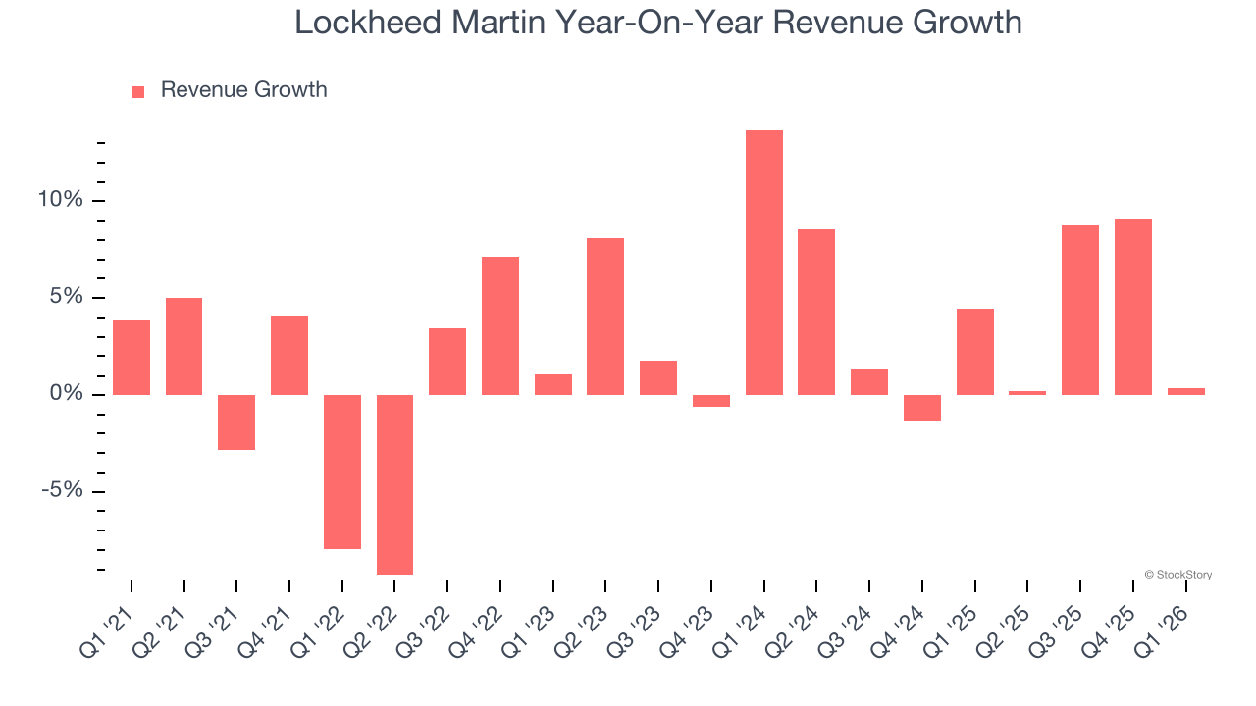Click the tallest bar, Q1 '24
(x=763, y=263)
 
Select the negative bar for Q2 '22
(x=394, y=484)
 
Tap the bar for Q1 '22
(x=342, y=472)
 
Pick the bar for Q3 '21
(x=236, y=423)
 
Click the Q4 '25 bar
(x=1132, y=307)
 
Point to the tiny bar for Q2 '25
(x=1027, y=392)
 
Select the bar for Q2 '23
(x=605, y=317)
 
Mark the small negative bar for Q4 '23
(x=711, y=401)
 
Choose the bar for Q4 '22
(x=500, y=326)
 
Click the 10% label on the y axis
(x=61, y=200)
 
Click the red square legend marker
(x=138, y=91)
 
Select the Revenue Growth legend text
(x=243, y=90)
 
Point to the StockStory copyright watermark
(x=1177, y=575)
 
